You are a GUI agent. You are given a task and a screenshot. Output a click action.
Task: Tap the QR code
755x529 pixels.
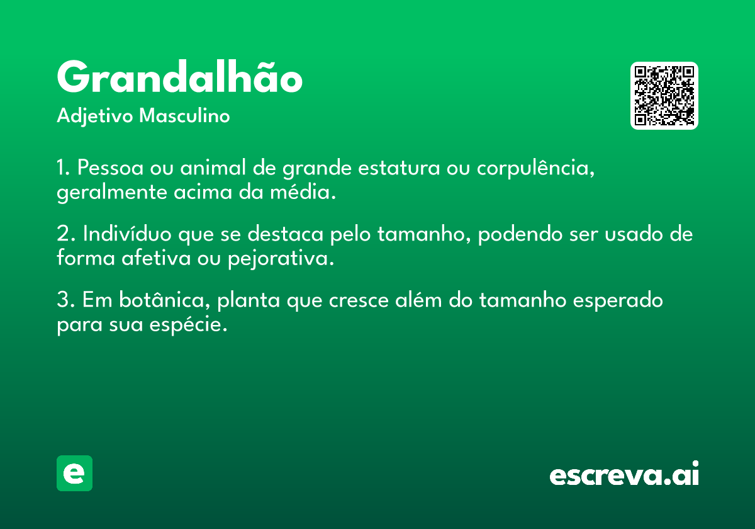(x=664, y=96)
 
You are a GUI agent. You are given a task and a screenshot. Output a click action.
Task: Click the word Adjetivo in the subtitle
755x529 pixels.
(x=95, y=117)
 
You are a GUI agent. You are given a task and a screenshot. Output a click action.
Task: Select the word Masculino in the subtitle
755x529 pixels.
(x=184, y=116)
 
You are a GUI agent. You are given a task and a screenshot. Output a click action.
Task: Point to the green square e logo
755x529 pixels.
(x=74, y=473)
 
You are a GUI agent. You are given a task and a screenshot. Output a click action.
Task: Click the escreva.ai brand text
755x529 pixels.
(x=624, y=473)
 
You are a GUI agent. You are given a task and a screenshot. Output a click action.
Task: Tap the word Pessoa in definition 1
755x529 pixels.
(x=110, y=168)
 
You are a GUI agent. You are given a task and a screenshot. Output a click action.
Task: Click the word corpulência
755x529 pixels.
(x=535, y=168)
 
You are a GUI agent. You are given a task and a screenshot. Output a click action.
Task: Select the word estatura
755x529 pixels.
(x=399, y=168)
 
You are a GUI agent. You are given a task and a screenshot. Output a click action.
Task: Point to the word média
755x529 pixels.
(x=303, y=191)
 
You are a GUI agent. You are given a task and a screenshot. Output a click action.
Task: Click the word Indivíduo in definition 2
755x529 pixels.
(x=127, y=233)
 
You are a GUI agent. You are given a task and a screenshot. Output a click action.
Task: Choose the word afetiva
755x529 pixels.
(x=156, y=258)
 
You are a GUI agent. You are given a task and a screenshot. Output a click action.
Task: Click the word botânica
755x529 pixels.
(x=164, y=299)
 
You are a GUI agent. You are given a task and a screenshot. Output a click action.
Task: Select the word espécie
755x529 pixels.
(x=188, y=325)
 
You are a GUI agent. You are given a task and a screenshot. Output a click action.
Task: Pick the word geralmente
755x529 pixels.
(x=112, y=193)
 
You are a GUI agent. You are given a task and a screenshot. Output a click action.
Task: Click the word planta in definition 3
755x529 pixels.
(x=249, y=300)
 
